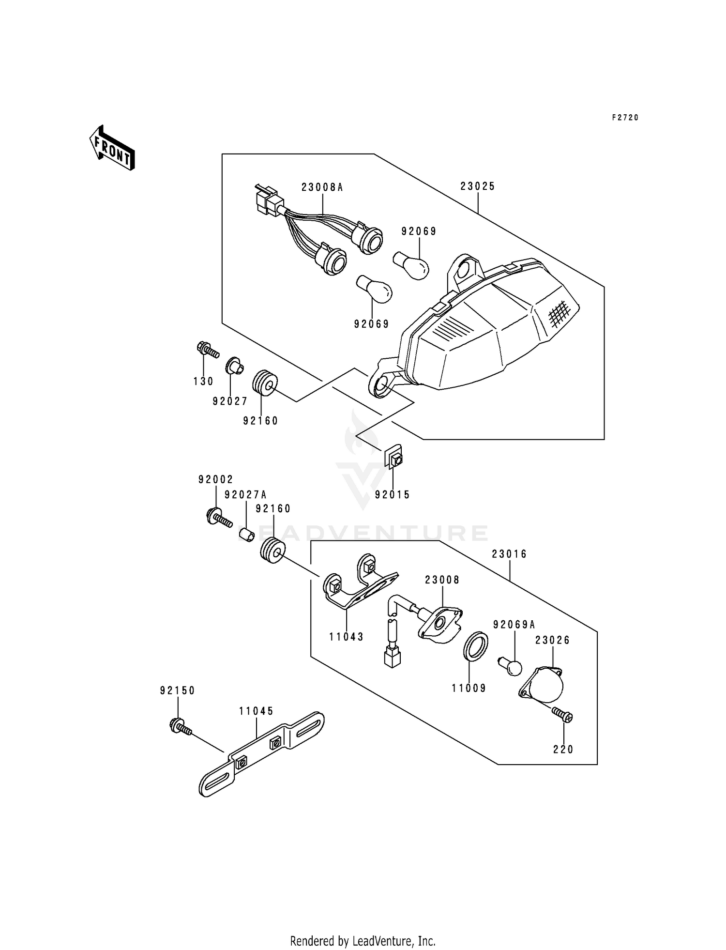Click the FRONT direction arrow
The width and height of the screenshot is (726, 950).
point(112,148)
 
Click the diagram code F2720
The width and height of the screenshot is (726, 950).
point(625,117)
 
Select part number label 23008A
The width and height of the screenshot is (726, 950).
point(322,187)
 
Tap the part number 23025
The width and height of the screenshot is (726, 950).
point(478,186)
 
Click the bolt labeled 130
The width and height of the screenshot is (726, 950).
point(208,350)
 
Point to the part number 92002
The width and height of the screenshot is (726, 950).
point(215,480)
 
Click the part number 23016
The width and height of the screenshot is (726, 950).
point(510,554)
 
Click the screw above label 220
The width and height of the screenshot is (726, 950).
point(562,715)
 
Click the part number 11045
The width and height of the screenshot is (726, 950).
point(256,711)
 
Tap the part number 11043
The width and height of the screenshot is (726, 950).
point(347,637)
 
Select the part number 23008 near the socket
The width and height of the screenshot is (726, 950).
point(442,580)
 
